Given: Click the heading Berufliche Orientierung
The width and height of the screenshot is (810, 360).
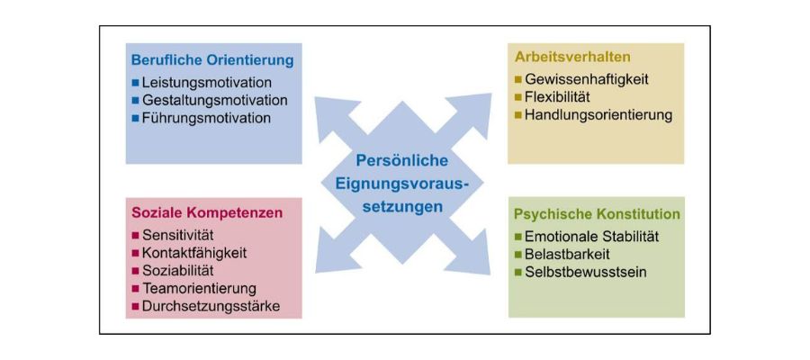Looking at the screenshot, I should tap(212, 61).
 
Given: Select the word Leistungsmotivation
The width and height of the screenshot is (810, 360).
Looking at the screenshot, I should tap(206, 82).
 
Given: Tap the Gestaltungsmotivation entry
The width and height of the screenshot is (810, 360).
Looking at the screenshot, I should tap(214, 100).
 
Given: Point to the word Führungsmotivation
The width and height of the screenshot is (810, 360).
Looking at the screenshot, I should tap(206, 118).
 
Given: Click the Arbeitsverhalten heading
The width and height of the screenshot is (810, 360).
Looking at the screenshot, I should tap(572, 57).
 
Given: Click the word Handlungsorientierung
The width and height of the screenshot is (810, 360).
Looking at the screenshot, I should tap(598, 115).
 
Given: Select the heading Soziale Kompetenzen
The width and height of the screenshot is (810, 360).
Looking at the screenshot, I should tap(207, 213).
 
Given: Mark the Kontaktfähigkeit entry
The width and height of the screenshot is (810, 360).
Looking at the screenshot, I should tap(194, 253).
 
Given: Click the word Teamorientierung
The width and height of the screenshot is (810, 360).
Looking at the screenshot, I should tap(199, 289).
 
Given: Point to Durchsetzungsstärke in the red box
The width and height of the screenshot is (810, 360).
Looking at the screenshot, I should tap(211, 307).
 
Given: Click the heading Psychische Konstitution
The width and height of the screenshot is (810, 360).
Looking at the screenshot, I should tap(597, 214).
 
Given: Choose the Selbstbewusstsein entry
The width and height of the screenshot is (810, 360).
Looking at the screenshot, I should tap(586, 272).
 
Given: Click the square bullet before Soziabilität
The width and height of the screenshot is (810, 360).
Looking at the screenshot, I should tap(135, 271).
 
